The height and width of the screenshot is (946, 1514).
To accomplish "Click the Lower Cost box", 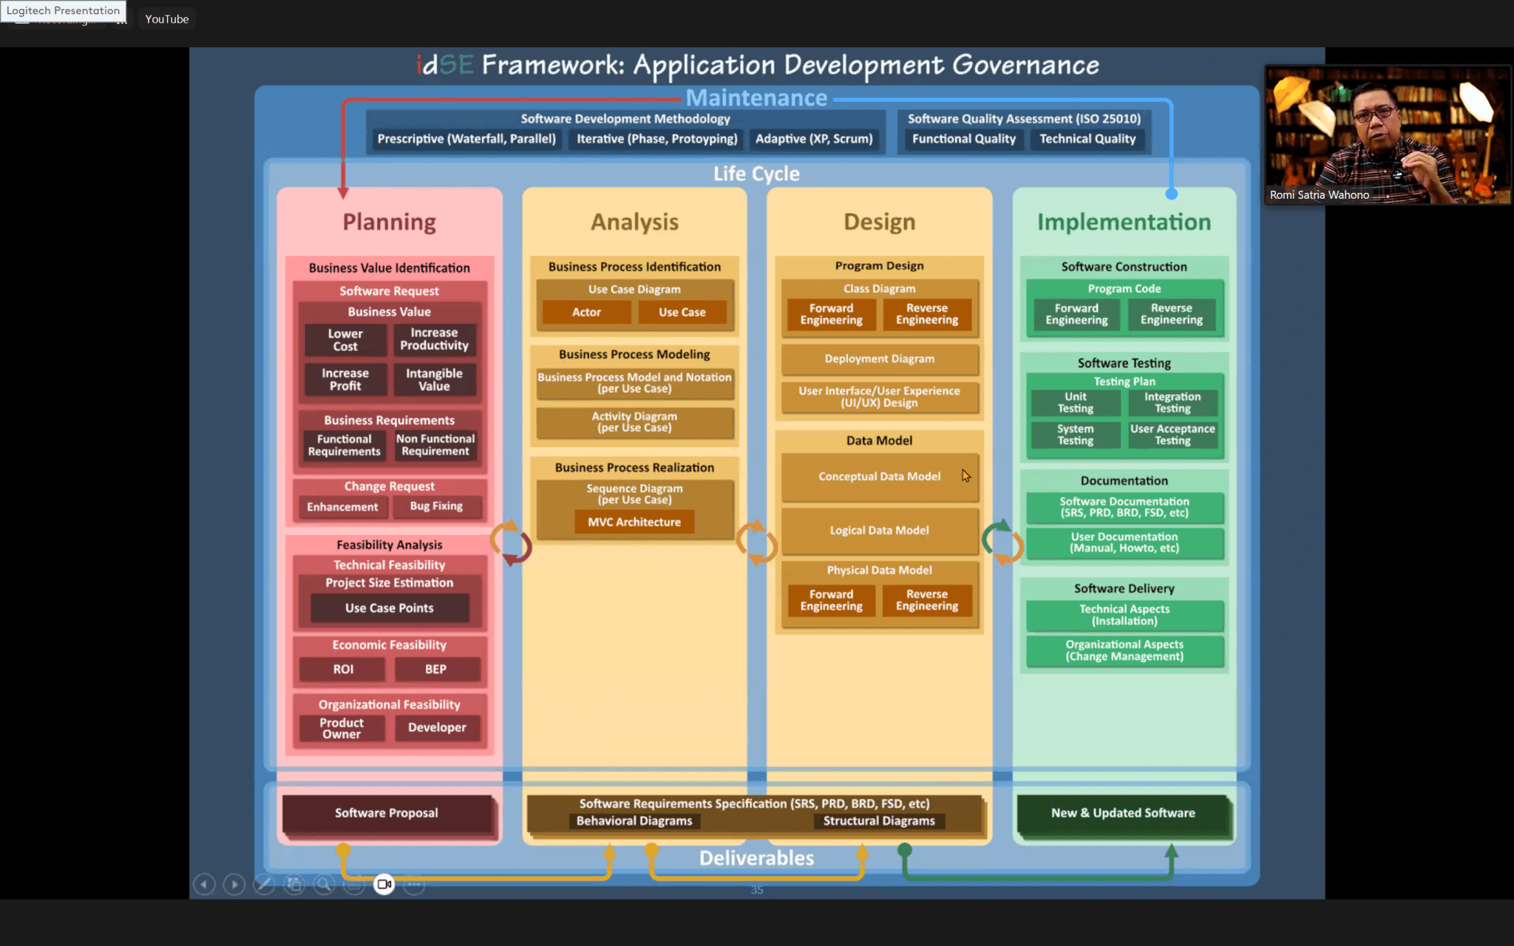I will coord(344,340).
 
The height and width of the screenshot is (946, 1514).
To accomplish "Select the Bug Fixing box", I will coord(436,506).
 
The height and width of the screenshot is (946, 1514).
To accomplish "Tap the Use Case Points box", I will coord(390,608).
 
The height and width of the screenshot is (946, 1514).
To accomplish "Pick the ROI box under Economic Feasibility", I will coord(343,669).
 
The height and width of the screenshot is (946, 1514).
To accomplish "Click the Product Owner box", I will coord(342,728).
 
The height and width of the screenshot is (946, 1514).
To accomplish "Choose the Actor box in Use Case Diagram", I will coord(586,312).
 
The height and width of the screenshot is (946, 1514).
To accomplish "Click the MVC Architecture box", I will coord(634,522).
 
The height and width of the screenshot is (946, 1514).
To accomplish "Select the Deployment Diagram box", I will coord(880,358).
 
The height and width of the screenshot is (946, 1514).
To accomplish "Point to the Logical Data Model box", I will coord(880,530).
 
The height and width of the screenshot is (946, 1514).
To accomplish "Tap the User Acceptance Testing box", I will coord(1172,435).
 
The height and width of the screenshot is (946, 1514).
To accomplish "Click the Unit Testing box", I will coord(1076,402).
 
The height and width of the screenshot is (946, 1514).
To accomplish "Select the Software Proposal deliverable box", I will coord(387,813).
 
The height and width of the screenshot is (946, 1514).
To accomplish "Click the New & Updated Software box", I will coord(1123,813).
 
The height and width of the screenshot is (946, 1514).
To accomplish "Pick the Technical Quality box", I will coord(1087,139).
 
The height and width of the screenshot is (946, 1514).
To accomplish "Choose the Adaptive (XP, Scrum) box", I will coord(814,139).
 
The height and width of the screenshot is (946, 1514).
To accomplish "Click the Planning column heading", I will coord(390,222).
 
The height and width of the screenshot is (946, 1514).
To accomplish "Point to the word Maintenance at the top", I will coord(756,98).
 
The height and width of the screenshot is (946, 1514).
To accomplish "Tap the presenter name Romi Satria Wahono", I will coord(1320,195).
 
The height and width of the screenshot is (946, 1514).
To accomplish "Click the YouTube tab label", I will coord(167,19).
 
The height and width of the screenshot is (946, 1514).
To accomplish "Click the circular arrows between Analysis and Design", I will coord(756,543).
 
